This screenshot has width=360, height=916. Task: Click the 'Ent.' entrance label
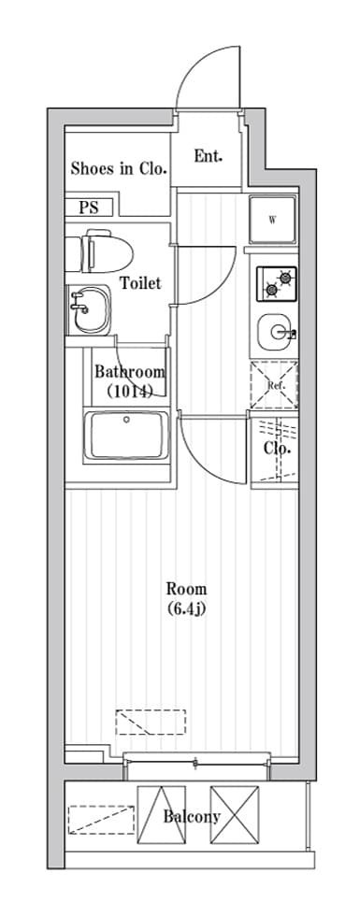[208, 157]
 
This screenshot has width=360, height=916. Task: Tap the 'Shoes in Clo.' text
[120, 169]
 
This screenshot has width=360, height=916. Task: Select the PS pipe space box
[90, 208]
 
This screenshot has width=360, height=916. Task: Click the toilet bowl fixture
[99, 250]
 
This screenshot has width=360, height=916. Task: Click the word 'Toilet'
[140, 283]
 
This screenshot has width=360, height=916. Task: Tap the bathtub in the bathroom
[127, 436]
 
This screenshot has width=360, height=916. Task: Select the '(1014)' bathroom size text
[130, 392]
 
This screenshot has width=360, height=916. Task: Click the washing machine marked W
[273, 221]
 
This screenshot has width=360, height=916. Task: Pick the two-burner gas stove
[277, 284]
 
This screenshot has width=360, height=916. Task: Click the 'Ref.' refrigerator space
[274, 385]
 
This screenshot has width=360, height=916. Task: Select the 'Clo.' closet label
[277, 449]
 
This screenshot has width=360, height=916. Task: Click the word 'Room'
[186, 588]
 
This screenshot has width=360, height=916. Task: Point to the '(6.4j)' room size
[186, 609]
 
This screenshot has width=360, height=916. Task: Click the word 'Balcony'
[192, 817]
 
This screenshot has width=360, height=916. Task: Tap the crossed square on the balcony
[235, 815]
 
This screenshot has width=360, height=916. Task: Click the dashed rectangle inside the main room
[151, 722]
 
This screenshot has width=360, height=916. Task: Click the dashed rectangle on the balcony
[101, 821]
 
